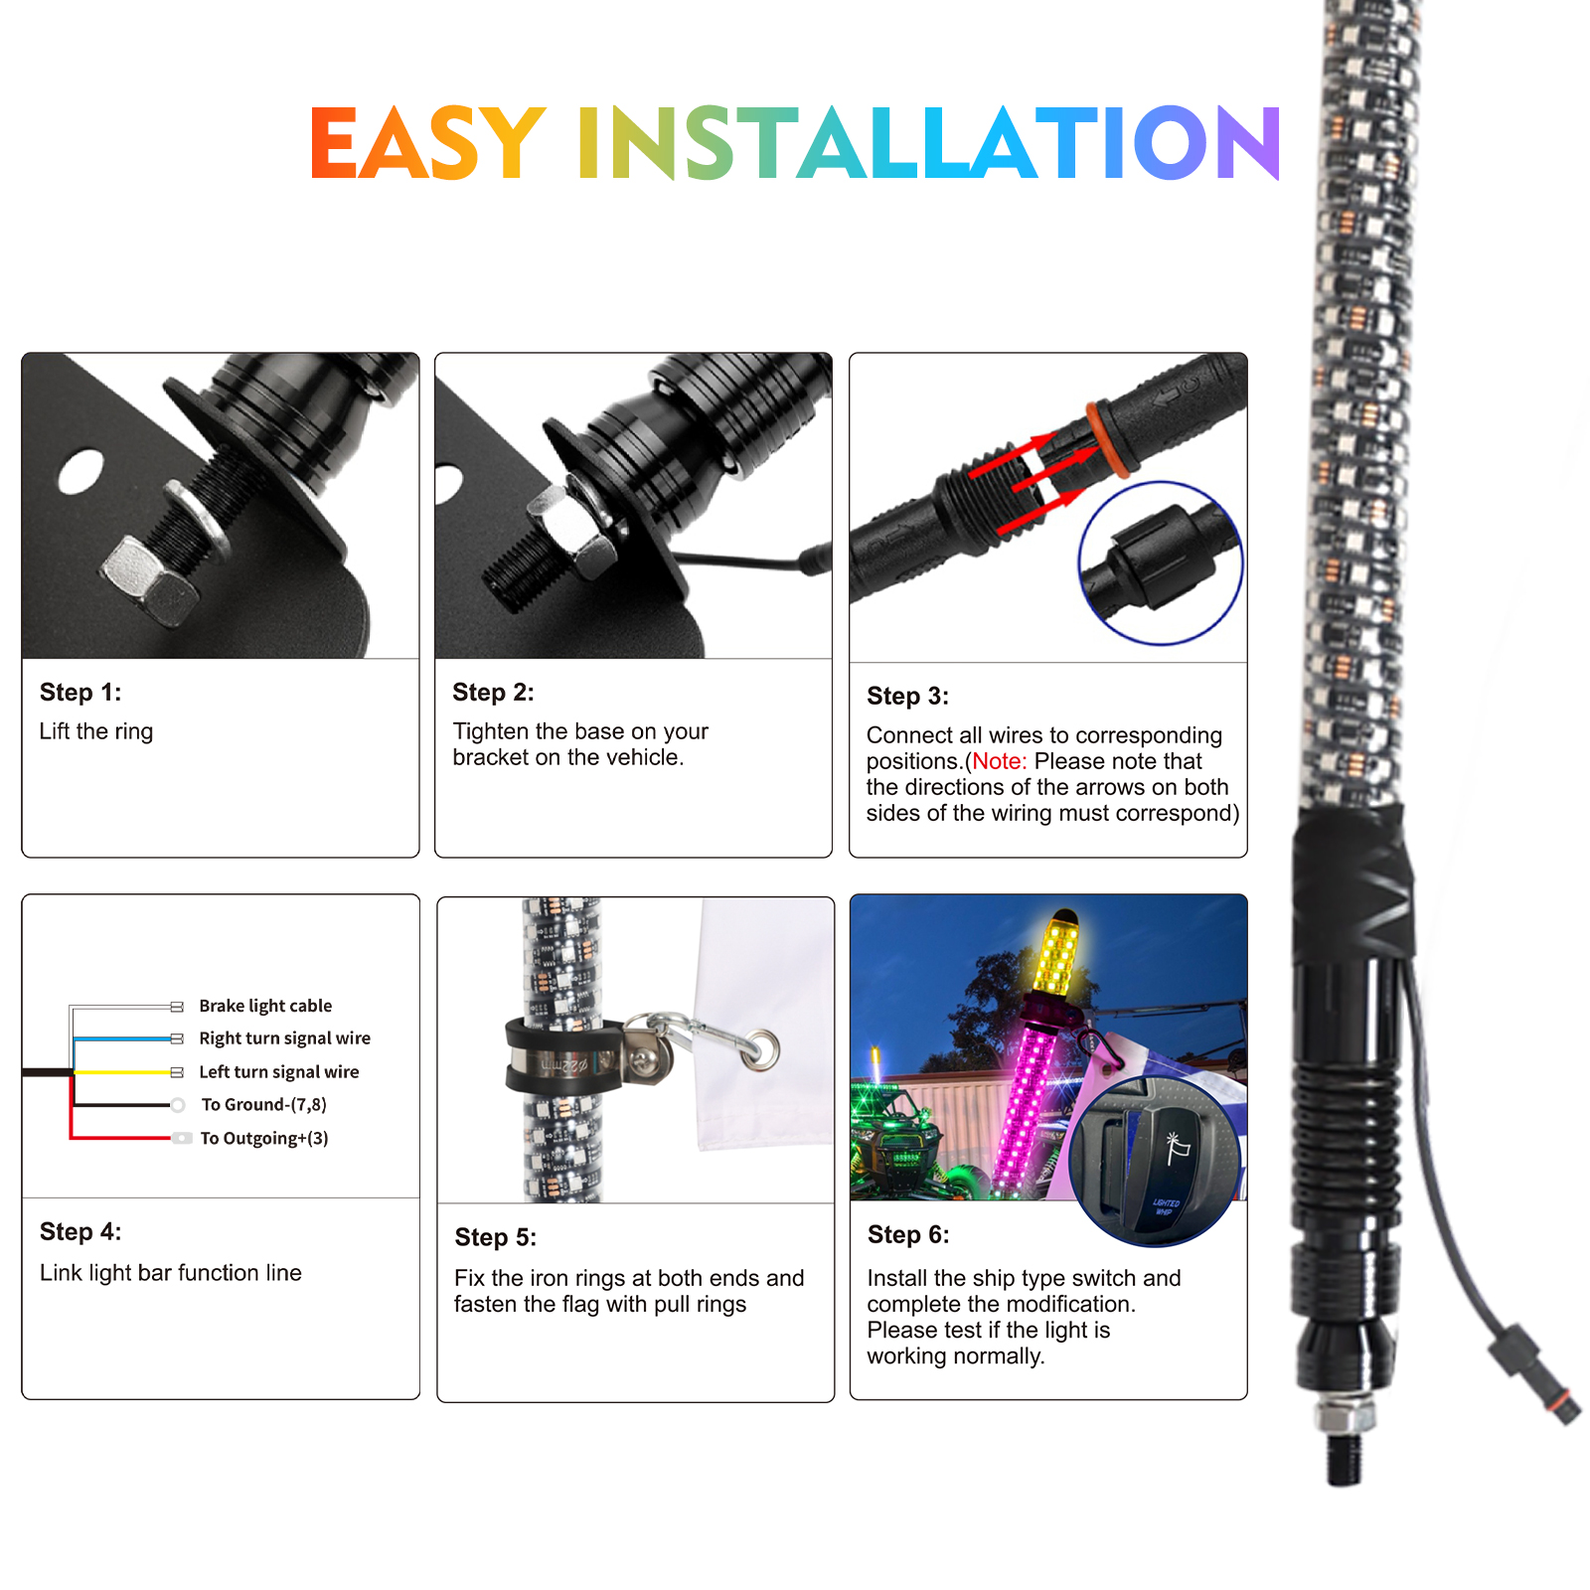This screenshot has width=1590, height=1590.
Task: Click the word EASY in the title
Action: coord(427,143)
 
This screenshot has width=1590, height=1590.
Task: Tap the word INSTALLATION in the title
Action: coord(929,143)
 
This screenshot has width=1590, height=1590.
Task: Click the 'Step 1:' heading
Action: coord(80,693)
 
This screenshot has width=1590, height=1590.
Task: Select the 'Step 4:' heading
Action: coord(80,1232)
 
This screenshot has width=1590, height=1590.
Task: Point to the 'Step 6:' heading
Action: coord(908,1235)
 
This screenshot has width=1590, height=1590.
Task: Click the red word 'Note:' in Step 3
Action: coord(1000,761)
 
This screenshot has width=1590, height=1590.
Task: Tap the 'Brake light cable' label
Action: coord(265,1006)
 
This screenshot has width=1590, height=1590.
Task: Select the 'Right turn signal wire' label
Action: coord(284,1038)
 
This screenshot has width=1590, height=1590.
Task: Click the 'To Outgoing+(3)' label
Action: coord(264,1138)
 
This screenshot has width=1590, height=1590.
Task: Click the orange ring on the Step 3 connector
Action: coord(1106,440)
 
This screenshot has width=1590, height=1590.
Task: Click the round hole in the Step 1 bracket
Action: coord(80,472)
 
